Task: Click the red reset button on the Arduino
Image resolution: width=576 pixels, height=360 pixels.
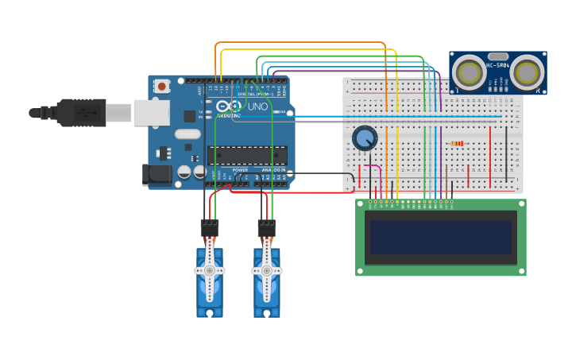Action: [162, 86]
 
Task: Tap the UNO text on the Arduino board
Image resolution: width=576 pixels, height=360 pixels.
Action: [257, 106]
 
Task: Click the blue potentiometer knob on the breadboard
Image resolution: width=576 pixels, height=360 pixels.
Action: [365, 138]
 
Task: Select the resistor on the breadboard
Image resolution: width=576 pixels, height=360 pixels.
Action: [457, 144]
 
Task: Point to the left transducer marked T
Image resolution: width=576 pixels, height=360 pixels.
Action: [468, 73]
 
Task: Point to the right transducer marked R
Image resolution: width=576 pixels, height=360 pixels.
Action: [527, 73]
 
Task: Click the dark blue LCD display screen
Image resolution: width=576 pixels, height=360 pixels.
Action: [440, 238]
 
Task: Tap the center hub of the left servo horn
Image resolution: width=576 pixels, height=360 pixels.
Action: [210, 270]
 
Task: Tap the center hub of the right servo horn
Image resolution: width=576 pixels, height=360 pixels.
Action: [267, 270]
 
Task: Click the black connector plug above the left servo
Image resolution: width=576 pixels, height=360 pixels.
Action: [210, 228]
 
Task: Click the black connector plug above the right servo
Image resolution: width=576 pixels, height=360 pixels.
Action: [267, 228]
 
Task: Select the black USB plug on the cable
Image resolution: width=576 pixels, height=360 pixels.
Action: [81, 113]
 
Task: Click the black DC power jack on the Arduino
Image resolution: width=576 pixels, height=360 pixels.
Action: [157, 175]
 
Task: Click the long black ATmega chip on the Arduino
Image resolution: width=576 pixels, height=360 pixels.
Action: [247, 155]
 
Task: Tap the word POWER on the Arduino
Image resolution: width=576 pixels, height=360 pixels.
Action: [240, 170]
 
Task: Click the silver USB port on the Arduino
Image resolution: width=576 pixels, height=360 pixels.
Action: [151, 113]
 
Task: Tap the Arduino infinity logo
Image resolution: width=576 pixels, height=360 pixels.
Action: [225, 106]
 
